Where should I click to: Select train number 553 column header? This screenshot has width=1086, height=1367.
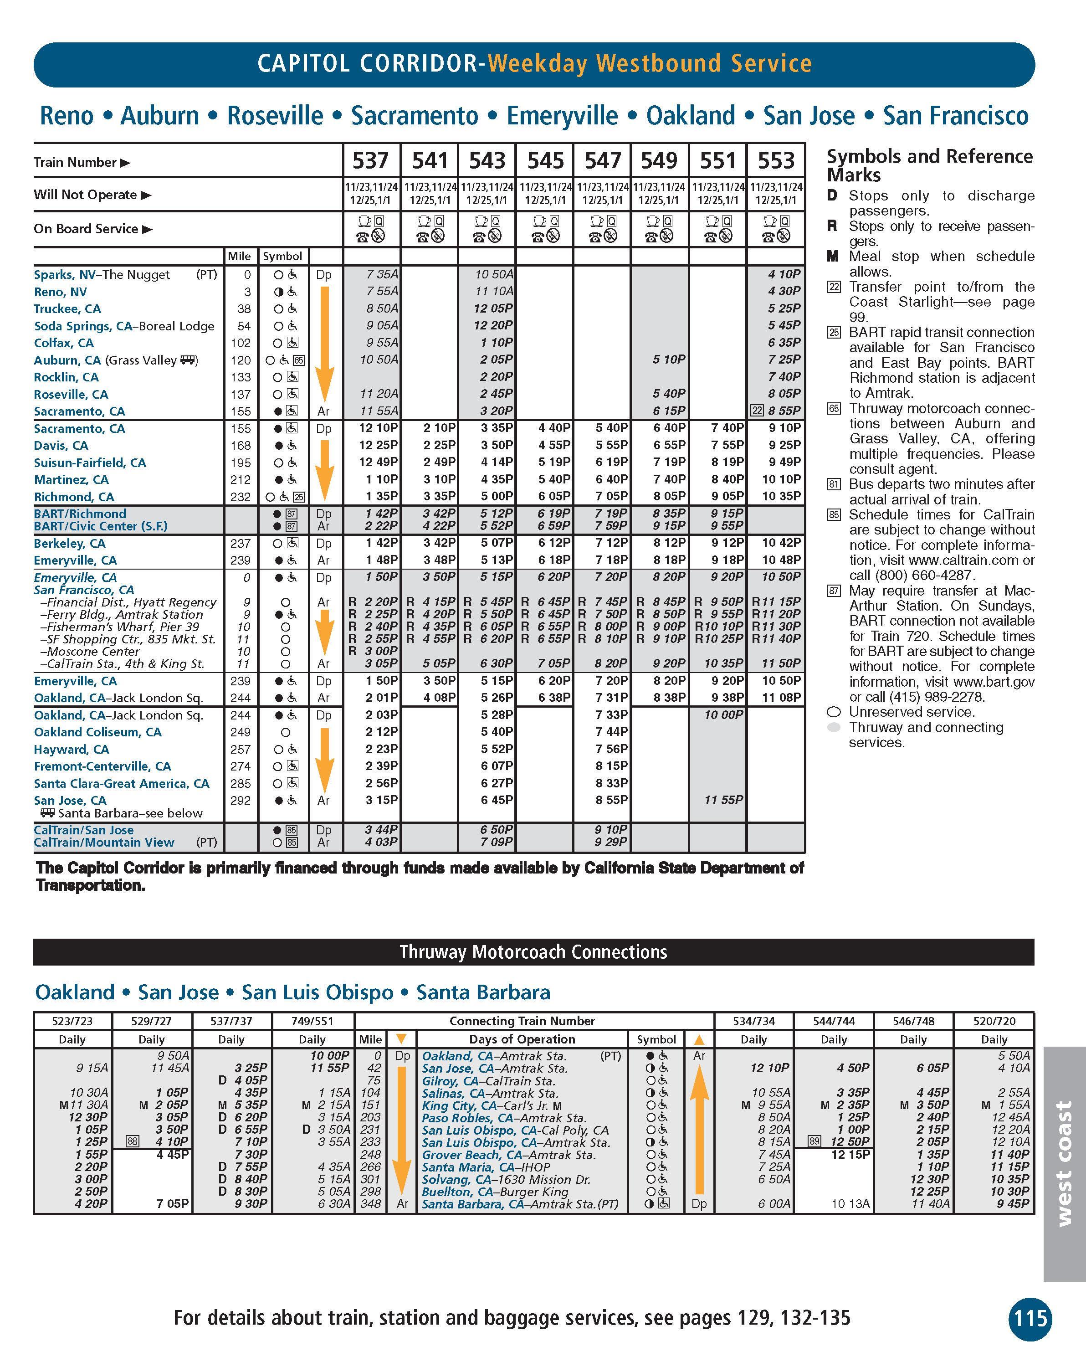pos(776,161)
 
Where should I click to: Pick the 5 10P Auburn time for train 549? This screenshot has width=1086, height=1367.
pos(669,360)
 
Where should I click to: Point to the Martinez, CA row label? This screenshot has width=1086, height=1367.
pos(71,480)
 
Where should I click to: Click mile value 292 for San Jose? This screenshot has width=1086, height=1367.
pos(241,801)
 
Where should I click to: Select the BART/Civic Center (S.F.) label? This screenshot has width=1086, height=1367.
pos(101,526)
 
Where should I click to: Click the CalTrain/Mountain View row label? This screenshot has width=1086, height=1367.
pos(104,843)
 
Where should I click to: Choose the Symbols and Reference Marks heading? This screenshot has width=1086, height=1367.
pos(929,165)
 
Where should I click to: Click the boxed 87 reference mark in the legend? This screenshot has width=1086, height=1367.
pos(834,591)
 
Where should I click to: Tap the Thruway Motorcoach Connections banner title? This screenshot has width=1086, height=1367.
pos(533,952)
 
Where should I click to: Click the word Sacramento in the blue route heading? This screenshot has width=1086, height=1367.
pos(415,116)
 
